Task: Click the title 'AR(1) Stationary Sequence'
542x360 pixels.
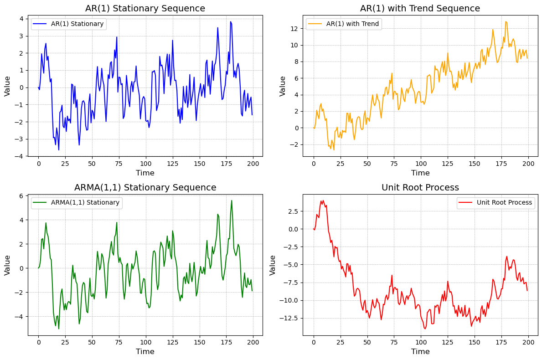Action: point(145,8)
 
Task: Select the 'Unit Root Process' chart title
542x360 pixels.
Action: point(420,187)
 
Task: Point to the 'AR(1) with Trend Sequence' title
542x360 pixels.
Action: point(420,8)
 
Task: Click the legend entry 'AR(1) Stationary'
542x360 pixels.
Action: point(77,24)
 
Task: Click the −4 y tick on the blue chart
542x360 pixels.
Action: point(21,156)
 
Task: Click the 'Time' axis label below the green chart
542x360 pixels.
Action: point(145,351)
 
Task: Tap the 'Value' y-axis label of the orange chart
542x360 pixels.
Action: point(283,86)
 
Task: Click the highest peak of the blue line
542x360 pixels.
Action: point(231,21)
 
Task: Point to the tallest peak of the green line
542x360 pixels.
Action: point(231,201)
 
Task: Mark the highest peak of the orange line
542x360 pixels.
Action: point(506,21)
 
